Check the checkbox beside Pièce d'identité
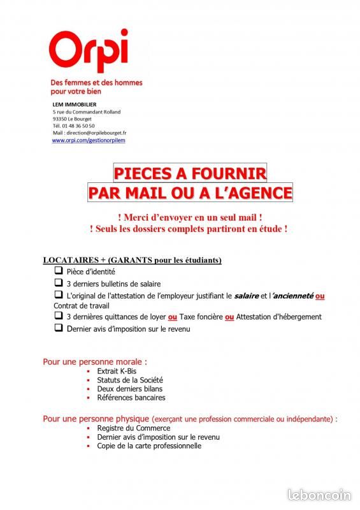(58, 270)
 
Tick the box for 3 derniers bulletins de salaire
(58, 282)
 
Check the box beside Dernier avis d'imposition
(58, 328)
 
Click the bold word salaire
(247, 296)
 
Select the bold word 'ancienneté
(293, 296)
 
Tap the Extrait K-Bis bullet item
(116, 371)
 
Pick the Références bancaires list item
(131, 397)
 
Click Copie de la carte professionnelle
(149, 446)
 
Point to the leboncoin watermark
(320, 495)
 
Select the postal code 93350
(62, 119)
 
